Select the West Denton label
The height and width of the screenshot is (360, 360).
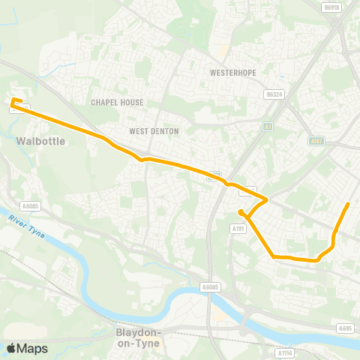pos(154,131)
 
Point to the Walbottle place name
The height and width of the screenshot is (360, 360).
pos(40,140)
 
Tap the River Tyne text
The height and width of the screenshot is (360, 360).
pos(27,226)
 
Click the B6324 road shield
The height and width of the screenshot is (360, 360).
pos(274,95)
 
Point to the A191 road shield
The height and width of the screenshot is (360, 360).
pos(238,228)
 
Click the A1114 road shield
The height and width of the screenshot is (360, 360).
pos(284,352)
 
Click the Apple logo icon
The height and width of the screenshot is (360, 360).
pos(11,348)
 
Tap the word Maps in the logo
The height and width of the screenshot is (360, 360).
pos(32,348)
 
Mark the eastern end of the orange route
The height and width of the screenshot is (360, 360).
pos(348,204)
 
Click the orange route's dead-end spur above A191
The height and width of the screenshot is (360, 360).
pos(240,212)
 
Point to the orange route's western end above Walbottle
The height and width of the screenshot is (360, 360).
pos(13,100)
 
